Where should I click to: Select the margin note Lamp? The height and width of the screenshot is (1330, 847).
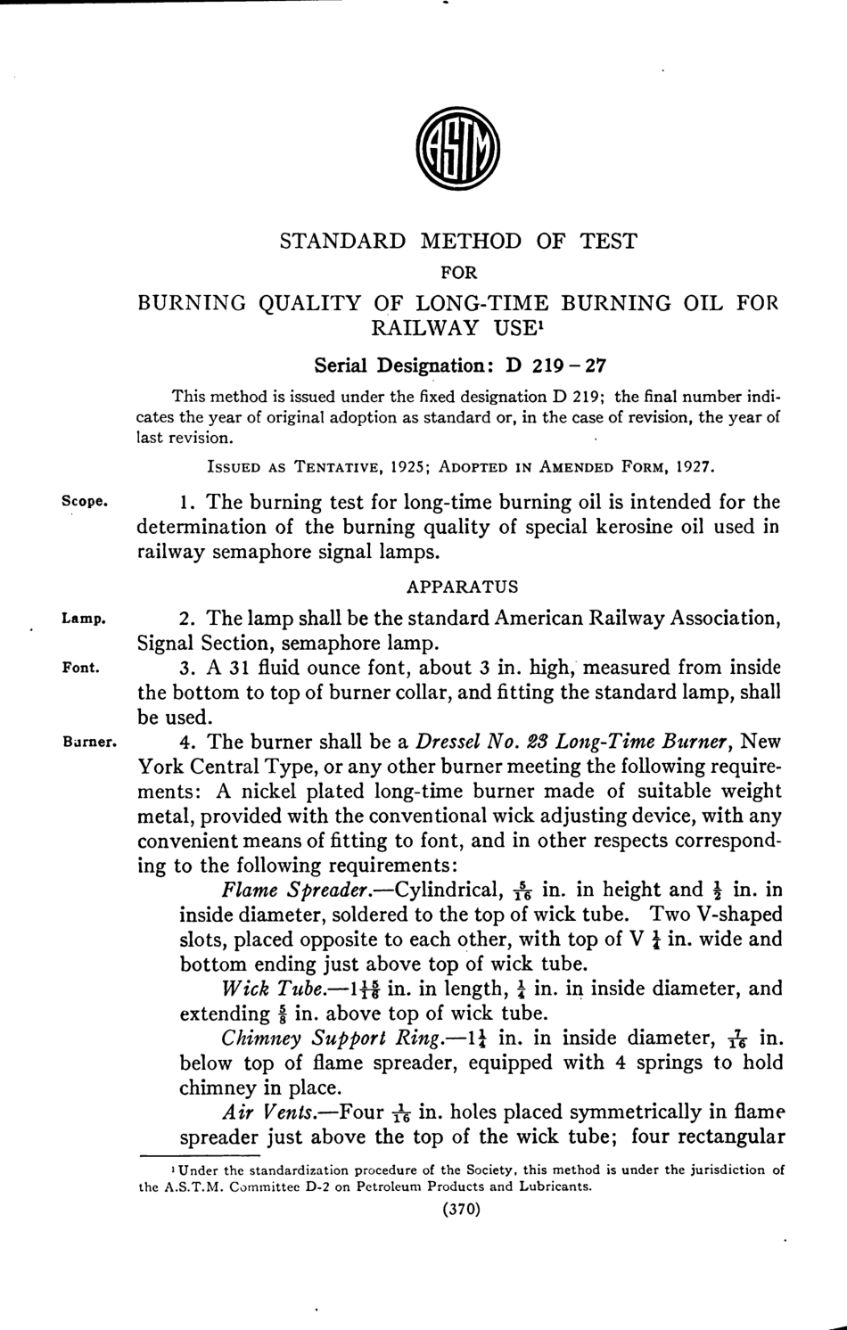[84, 617]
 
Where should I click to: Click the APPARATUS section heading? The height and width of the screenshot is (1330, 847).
[462, 587]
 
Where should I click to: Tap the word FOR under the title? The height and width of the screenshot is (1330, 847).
[459, 272]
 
